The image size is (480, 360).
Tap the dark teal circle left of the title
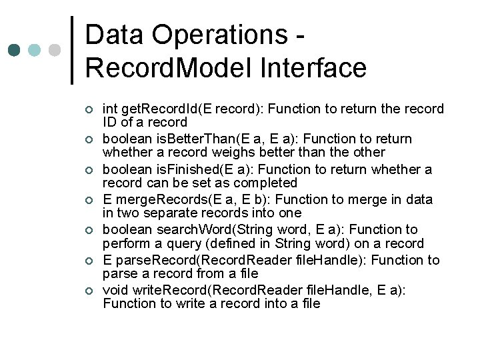coord(15,50)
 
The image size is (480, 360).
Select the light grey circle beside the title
coord(55,50)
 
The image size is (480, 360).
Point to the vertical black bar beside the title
coord(72,50)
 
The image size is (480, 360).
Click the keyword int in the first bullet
coord(109,109)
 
